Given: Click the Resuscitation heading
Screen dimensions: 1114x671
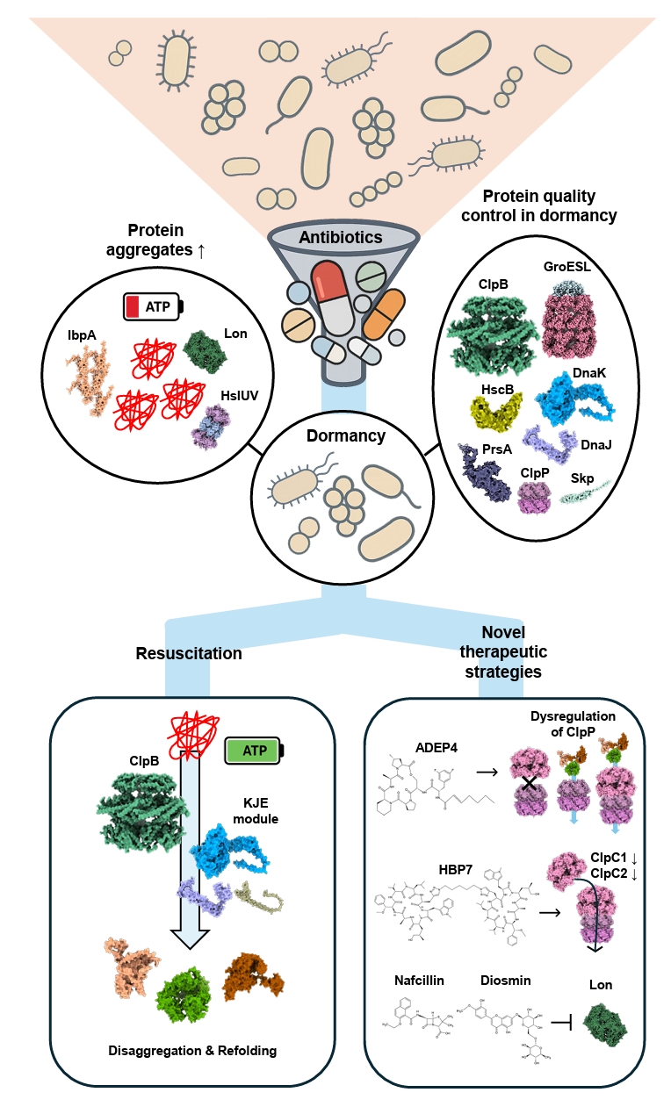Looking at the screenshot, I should [x=189, y=653].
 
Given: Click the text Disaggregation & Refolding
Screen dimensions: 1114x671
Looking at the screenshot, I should [x=192, y=1051].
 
